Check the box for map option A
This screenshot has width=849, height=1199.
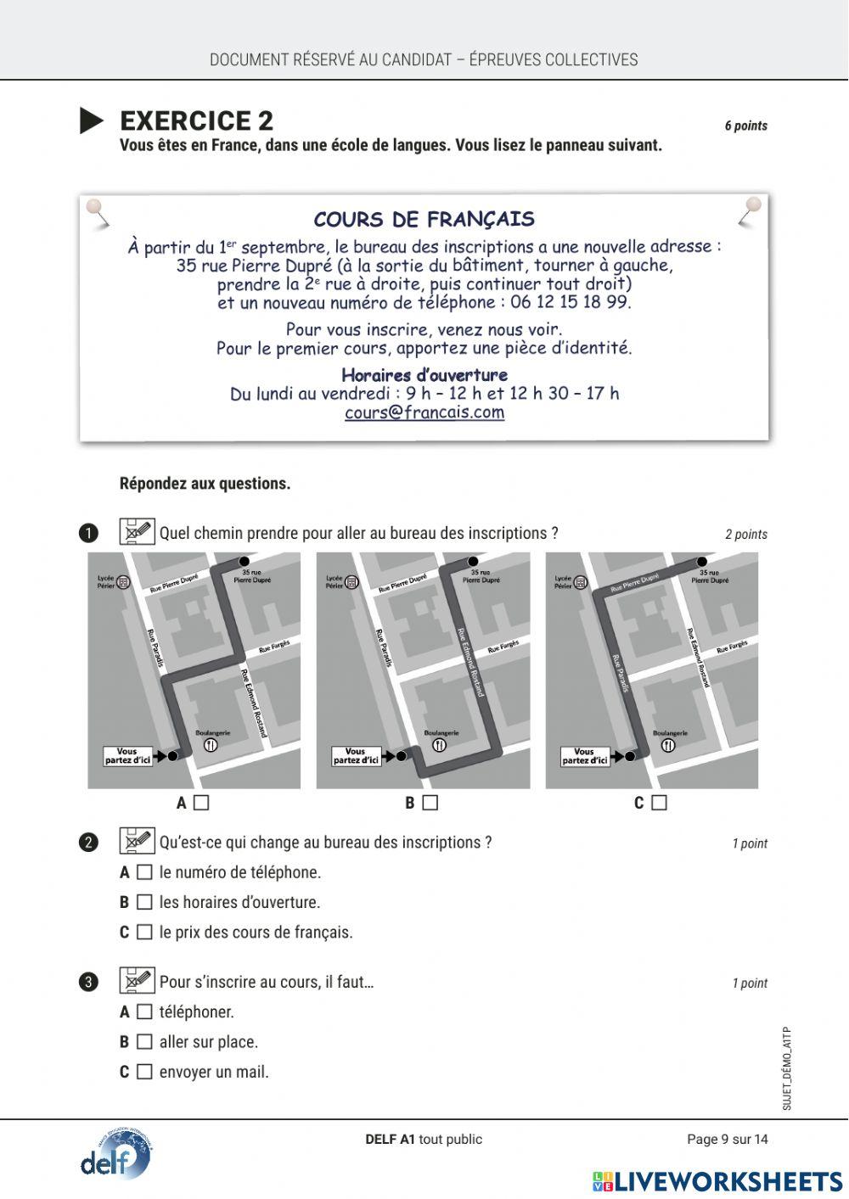[x=201, y=803]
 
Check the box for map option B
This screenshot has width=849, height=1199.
[x=430, y=803]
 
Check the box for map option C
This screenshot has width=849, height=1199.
[x=660, y=803]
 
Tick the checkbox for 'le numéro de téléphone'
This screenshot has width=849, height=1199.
[x=145, y=872]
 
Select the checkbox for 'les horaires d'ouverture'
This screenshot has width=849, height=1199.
[x=145, y=902]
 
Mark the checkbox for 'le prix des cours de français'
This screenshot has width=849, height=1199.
[x=145, y=932]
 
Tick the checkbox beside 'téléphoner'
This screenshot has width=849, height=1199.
[x=145, y=1011]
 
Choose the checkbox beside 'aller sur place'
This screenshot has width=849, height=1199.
[x=145, y=1041]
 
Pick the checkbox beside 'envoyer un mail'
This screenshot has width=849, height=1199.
[x=145, y=1072]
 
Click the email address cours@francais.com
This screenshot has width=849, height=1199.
[x=424, y=412]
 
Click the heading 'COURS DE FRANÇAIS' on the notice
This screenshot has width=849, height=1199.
[x=424, y=220]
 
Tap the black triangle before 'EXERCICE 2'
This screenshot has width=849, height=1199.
[x=91, y=120]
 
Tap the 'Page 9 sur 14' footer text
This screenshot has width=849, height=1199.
[x=727, y=1139]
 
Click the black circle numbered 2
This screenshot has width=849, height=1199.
[x=88, y=843]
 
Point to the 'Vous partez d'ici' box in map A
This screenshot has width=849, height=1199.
[x=127, y=755]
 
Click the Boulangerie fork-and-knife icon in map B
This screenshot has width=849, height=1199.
[x=439, y=745]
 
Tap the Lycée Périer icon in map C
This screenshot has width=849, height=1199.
[x=581, y=582]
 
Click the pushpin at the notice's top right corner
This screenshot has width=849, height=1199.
[x=751, y=206]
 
